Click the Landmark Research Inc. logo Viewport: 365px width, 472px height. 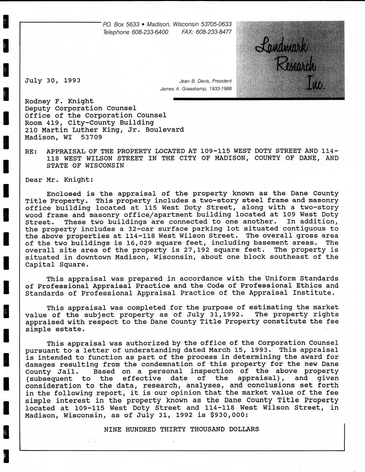pyautogui.click(x=290, y=60)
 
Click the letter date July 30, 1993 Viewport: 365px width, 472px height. pyautogui.click(x=52, y=81)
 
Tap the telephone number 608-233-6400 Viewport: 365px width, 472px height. pyautogui.click(x=150, y=32)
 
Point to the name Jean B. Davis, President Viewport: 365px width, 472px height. pyautogui.click(x=205, y=81)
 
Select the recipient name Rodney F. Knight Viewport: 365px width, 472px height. pyautogui.click(x=59, y=101)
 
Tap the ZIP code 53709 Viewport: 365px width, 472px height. pyautogui.click(x=91, y=137)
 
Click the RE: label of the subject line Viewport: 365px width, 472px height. pyautogui.click(x=31, y=152)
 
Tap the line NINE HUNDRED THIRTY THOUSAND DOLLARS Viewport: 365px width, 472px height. pyautogui.click(x=181, y=430)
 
